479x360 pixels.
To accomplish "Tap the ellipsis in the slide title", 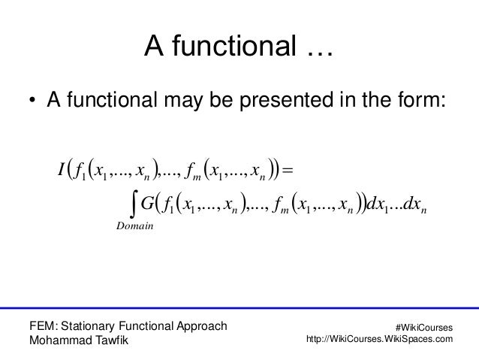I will click(x=318, y=52).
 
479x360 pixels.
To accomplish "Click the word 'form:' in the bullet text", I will click(x=421, y=101).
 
